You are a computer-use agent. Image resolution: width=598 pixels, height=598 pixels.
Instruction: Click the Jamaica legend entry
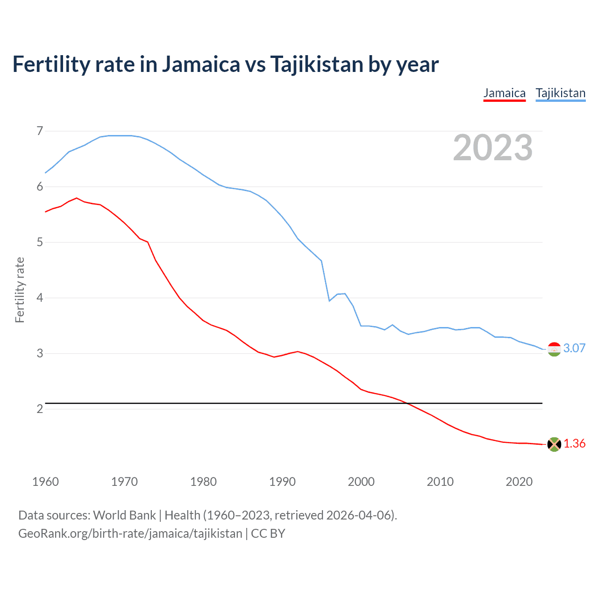coord(504,93)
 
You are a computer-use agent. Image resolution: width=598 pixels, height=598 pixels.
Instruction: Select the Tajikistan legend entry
coord(560,93)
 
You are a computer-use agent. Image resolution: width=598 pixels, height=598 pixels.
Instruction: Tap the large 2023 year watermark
coord(492,148)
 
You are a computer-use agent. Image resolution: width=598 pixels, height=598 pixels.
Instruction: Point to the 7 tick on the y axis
coord(40,131)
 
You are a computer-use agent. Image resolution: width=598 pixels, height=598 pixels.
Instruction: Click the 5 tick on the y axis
coord(40,242)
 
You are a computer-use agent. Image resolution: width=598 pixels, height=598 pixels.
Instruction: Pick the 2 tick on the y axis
coord(40,409)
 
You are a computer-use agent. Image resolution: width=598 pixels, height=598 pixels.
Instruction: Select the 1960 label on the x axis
coord(45,482)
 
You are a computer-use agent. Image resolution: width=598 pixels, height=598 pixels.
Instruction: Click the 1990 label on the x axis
coord(282,482)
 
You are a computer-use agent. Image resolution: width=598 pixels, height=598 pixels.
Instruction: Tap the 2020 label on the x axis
coord(519,482)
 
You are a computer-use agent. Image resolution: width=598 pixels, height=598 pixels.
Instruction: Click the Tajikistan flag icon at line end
coord(554,349)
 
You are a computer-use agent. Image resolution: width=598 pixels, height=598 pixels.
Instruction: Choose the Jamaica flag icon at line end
coord(554,444)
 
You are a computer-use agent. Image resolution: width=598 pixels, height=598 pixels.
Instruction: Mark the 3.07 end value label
coord(574,348)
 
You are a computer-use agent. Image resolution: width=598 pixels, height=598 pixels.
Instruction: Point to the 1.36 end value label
coord(574,443)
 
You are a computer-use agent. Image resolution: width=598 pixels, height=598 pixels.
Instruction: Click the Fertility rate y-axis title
coord(20,290)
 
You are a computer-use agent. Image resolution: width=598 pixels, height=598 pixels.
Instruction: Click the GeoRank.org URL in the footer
coord(130,534)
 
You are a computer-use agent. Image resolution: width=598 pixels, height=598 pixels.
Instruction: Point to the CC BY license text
coord(268,534)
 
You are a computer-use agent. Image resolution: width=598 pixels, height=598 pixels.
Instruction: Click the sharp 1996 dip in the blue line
coord(329,300)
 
